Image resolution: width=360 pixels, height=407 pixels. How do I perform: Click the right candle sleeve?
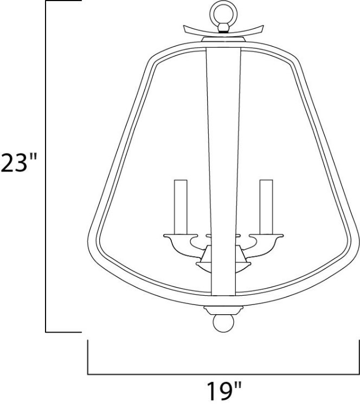(x=266, y=206)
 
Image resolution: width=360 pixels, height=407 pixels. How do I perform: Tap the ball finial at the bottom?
(x=222, y=325)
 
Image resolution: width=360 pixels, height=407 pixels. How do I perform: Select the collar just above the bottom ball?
(x=222, y=310)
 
